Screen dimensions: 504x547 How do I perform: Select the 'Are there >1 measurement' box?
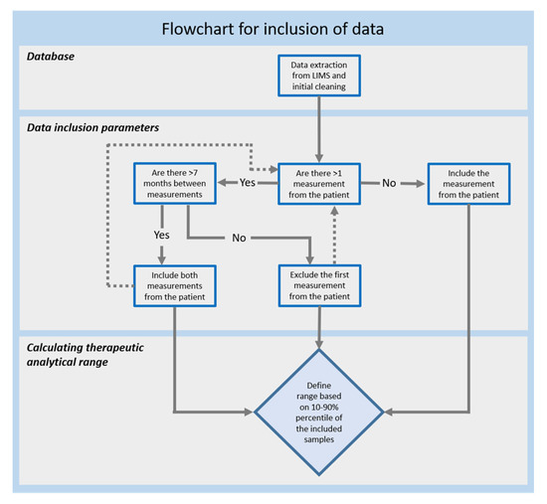coord(319,183)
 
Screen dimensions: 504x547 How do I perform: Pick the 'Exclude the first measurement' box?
coord(319,284)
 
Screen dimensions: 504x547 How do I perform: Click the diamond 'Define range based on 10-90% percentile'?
coord(319,408)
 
